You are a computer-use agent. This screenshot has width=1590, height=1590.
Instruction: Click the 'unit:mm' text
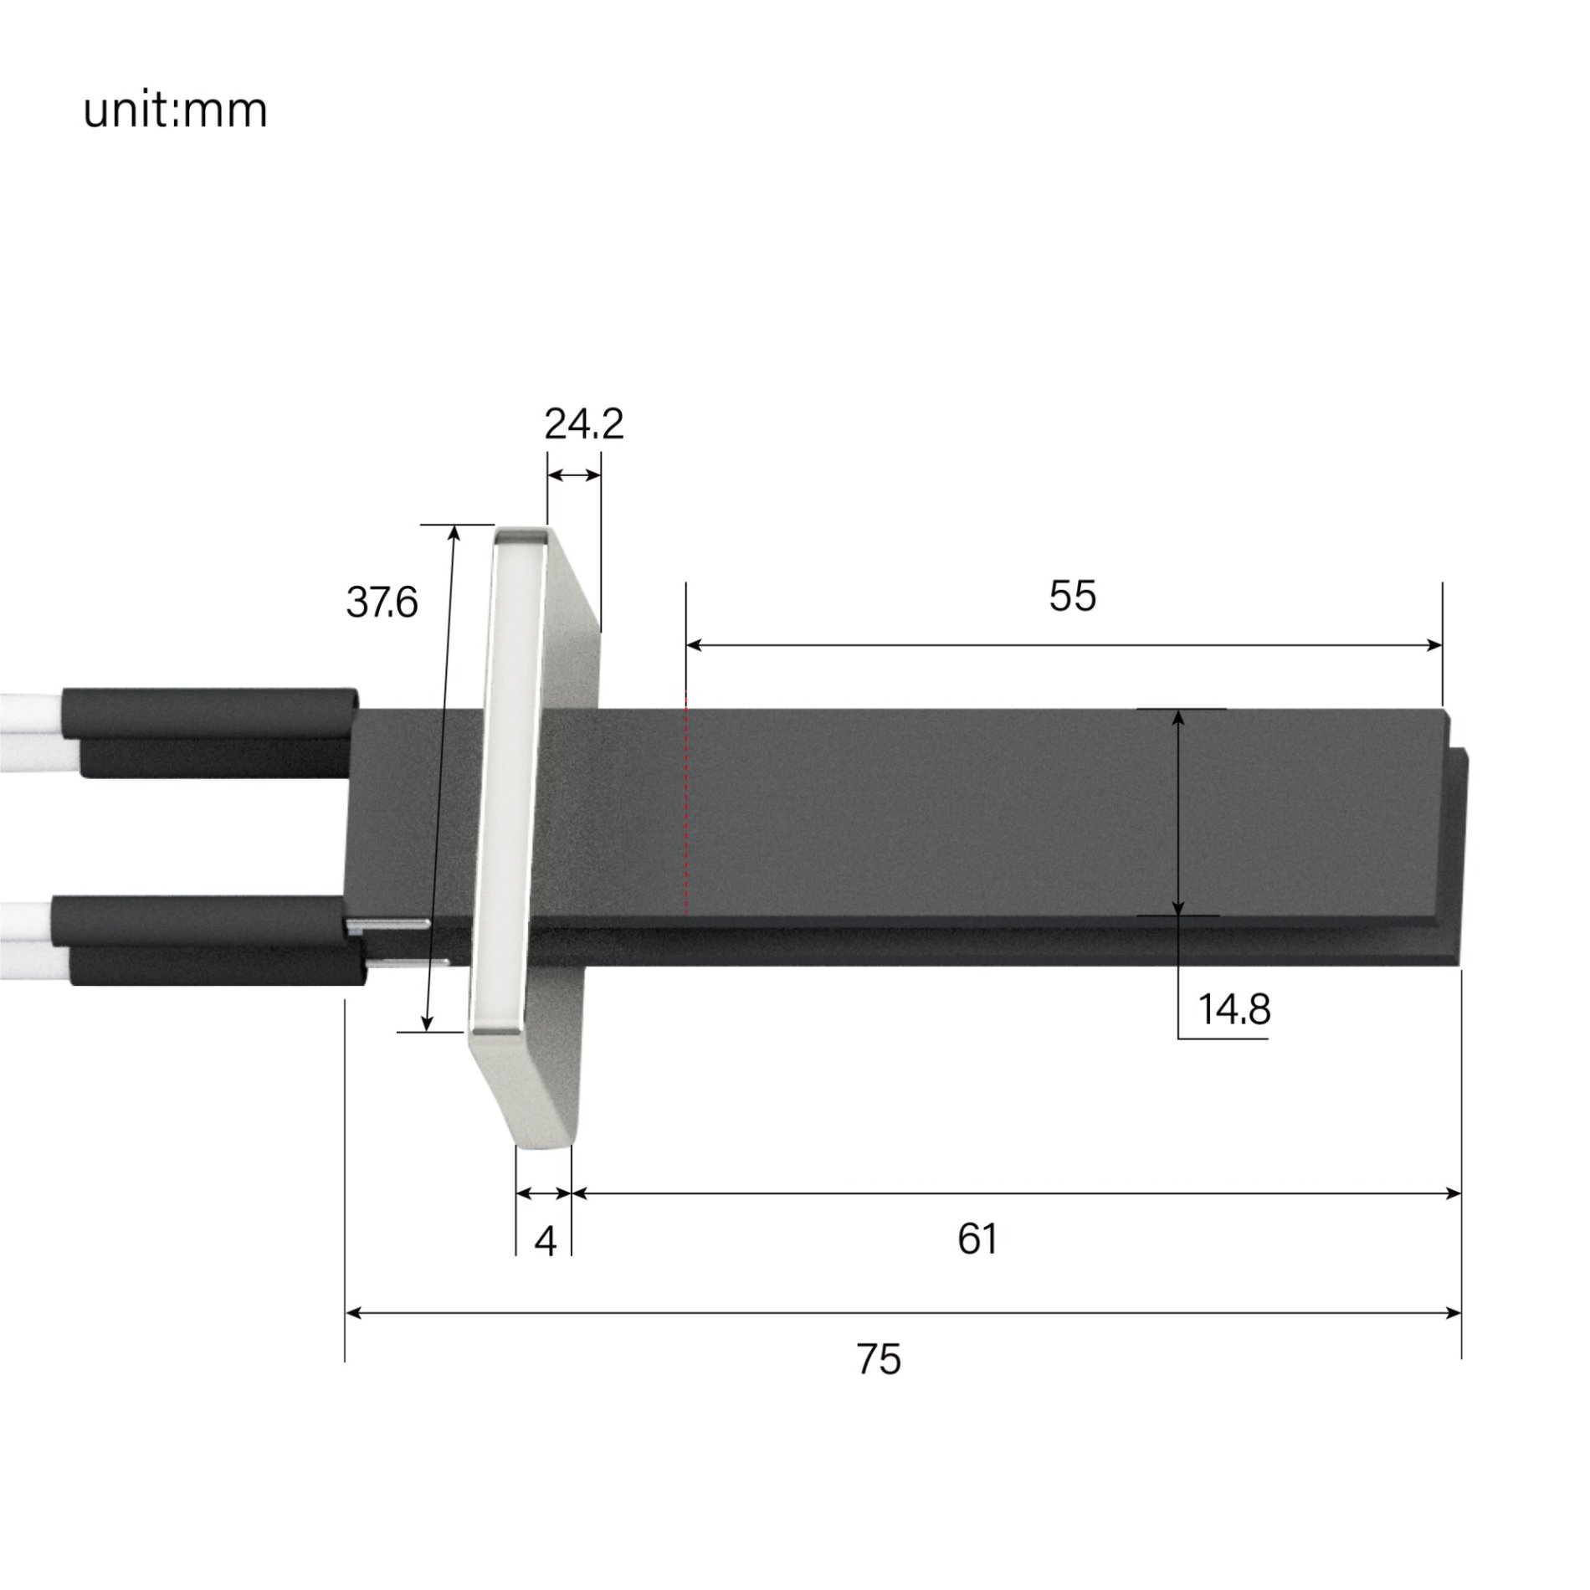pos(175,110)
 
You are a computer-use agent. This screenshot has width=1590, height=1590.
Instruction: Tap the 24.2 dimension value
pos(583,425)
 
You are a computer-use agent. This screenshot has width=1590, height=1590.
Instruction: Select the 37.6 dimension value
pos(382,603)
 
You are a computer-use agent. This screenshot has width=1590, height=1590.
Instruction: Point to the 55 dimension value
pos(1072,597)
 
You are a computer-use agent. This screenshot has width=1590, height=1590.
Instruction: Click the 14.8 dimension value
pos(1234,1009)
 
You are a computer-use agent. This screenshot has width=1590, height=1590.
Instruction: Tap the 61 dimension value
pos(977,1239)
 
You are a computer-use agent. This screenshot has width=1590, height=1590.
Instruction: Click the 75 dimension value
pos(879,1360)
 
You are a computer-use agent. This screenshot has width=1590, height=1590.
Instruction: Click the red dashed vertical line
pos(685,803)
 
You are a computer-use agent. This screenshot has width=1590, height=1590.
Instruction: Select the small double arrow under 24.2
pos(574,475)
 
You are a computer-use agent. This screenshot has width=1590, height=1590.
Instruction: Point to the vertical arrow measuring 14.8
pos(1177,812)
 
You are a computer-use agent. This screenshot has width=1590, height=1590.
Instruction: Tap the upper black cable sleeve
pos(209,732)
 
